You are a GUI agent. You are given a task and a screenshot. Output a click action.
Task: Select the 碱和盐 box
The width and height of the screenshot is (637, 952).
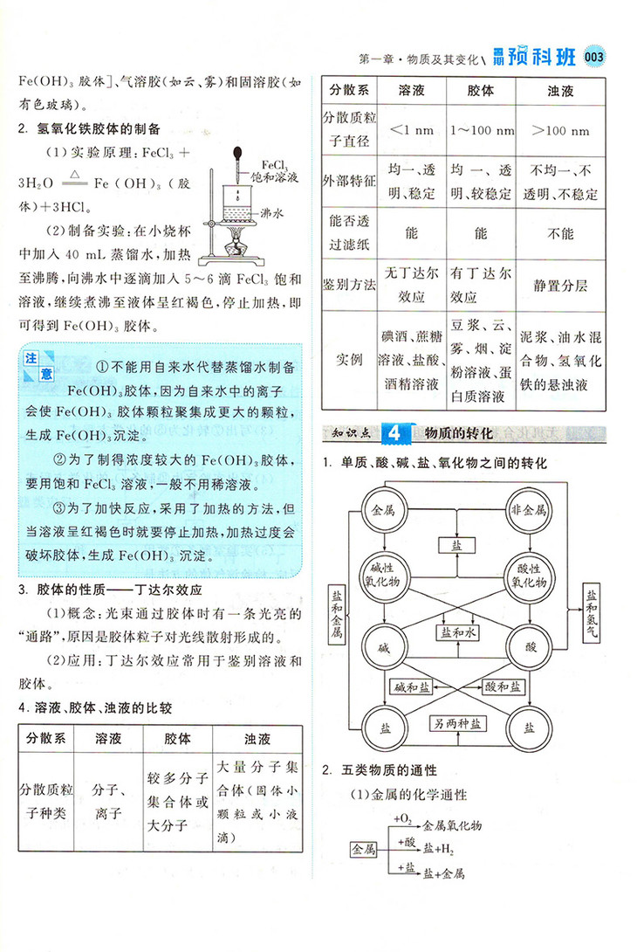[413, 686]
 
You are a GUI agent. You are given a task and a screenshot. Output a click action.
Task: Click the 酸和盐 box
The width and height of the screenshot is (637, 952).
[503, 686]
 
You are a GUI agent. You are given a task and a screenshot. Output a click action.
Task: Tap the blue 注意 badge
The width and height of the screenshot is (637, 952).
[39, 366]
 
